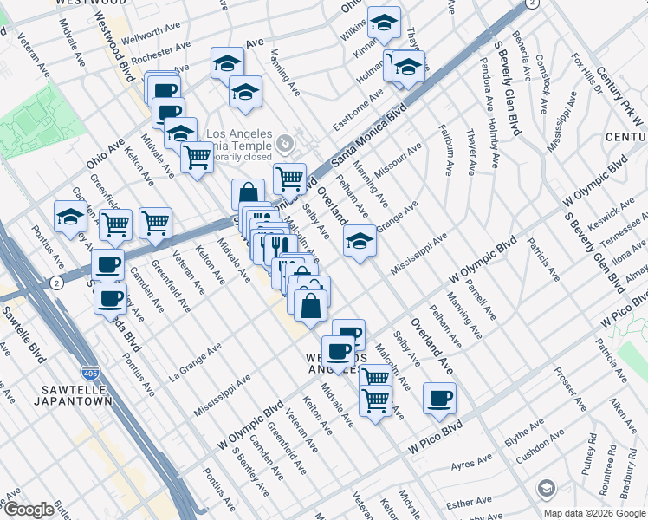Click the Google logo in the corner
[x=29, y=510]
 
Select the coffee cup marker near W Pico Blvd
[x=439, y=399]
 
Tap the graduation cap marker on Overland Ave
[x=360, y=240]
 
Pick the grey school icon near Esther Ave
[x=546, y=489]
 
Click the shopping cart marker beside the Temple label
[x=289, y=179]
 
